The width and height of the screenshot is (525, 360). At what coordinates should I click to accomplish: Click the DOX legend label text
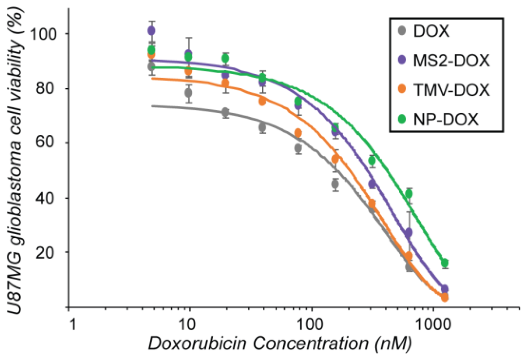coord(431,31)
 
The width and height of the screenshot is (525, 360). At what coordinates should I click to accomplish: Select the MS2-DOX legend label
coord(451,60)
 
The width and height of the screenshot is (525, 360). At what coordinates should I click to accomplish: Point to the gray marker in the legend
coord(402,31)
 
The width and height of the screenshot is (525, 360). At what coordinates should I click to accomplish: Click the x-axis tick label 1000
coord(433,325)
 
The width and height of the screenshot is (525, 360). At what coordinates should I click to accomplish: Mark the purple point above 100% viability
coord(152,31)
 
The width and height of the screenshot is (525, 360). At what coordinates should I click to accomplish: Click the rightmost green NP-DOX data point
coord(445,263)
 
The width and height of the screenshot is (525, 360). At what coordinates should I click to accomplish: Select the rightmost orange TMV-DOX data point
coord(445,298)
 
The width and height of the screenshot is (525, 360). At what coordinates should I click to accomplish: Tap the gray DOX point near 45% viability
coord(335,184)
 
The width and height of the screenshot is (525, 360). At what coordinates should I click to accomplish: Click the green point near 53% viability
coord(372,161)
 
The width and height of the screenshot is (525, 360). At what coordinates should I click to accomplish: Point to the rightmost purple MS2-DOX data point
coord(445,289)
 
